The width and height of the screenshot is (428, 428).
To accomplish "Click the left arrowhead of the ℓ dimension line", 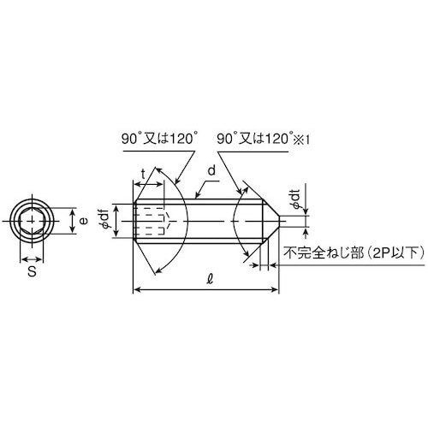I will click(x=138, y=292).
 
